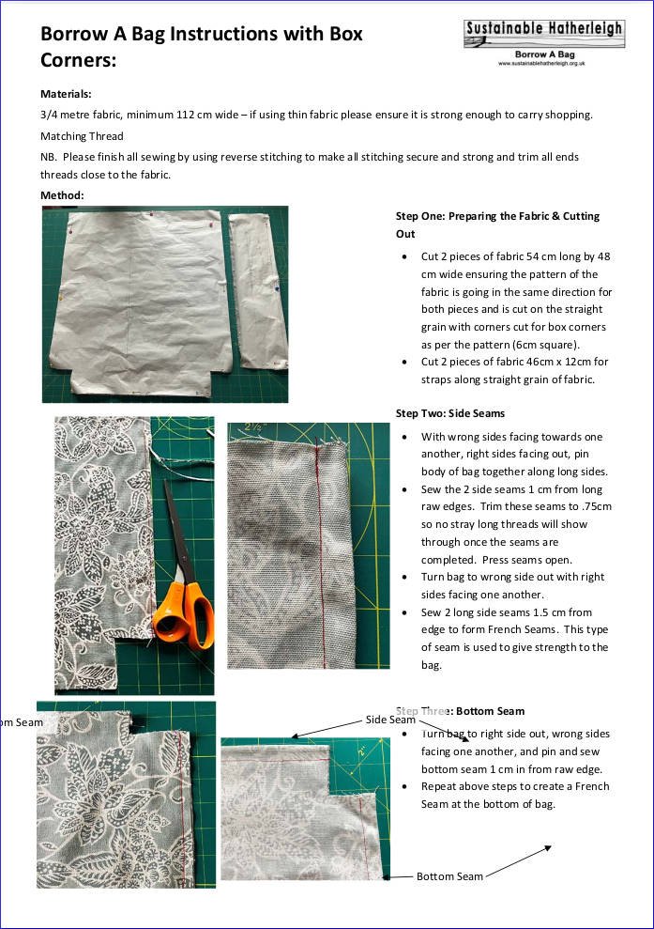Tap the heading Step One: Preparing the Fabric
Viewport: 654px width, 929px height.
[x=497, y=216]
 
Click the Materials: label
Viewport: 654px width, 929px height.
[x=66, y=94]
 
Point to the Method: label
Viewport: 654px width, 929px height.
[x=62, y=195]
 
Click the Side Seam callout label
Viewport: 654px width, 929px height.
[x=389, y=720]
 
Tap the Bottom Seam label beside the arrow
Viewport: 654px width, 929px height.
[x=449, y=876]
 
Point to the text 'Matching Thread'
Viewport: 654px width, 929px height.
[x=82, y=136]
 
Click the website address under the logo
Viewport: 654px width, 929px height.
[x=542, y=63]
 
